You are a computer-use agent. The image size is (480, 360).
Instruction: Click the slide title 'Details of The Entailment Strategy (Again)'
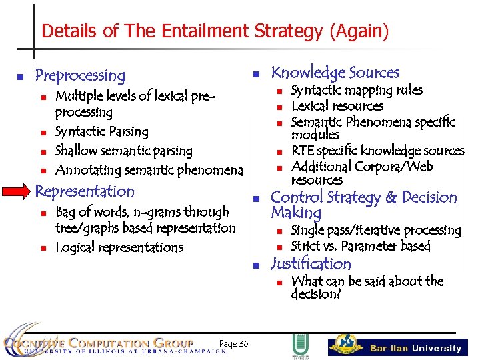[215, 31]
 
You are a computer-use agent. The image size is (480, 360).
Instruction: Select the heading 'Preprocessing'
[79, 75]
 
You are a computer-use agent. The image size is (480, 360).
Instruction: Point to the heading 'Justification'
[311, 264]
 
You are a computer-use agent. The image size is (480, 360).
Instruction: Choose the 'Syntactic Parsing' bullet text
[101, 131]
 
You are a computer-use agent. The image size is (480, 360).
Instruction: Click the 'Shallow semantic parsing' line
[123, 151]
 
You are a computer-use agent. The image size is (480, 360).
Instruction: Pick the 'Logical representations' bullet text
[119, 247]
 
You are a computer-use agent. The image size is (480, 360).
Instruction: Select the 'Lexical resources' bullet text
[337, 106]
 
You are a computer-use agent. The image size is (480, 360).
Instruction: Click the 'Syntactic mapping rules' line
[357, 90]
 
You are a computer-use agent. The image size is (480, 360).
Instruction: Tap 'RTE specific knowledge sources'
[377, 151]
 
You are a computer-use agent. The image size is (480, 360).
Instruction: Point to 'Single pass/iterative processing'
[376, 230]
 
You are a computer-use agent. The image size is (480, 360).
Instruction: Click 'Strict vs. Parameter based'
[361, 246]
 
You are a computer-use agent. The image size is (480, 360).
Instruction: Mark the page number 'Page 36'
[233, 343]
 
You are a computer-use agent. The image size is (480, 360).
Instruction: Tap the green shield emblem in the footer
[299, 345]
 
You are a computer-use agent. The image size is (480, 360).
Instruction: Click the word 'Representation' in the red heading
[85, 191]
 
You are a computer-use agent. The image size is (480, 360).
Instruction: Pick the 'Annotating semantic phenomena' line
[149, 170]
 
